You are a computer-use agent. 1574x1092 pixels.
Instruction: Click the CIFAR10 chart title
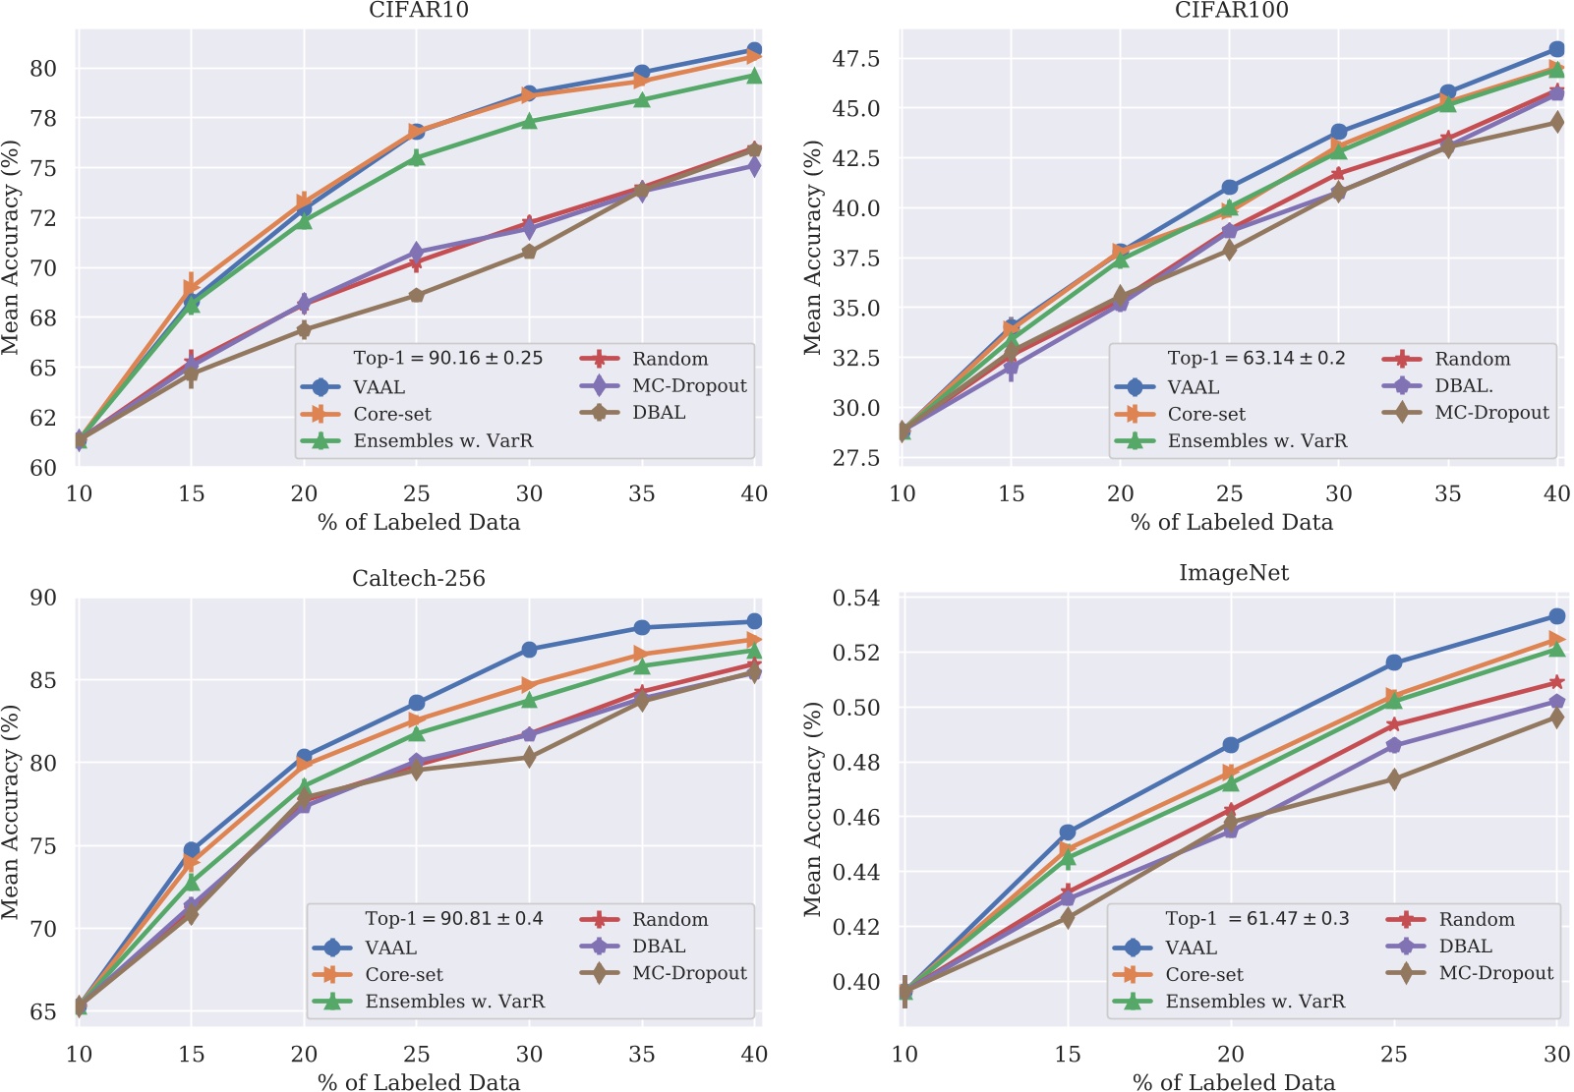point(419,11)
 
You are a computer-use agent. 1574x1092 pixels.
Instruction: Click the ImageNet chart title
point(1233,573)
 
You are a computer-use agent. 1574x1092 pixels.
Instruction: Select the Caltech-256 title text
point(419,578)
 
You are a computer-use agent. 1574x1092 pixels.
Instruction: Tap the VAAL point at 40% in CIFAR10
point(754,50)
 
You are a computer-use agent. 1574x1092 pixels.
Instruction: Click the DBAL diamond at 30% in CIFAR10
point(529,252)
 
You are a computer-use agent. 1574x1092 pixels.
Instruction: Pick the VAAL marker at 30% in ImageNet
point(1556,616)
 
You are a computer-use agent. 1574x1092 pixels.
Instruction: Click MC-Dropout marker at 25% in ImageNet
point(1393,779)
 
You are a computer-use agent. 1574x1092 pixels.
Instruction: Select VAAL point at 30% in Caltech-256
point(529,650)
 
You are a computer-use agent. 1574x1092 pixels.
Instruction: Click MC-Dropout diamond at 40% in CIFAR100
point(1556,123)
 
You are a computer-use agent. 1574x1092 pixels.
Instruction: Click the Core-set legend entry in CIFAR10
point(391,415)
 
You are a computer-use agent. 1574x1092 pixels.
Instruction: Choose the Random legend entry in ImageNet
point(1476,920)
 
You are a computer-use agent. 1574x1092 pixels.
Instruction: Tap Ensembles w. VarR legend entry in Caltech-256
point(454,1002)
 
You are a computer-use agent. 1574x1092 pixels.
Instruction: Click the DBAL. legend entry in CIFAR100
point(1463,386)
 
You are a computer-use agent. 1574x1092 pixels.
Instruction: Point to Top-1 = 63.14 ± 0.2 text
point(1255,359)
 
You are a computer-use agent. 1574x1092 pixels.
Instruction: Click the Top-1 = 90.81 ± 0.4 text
point(453,919)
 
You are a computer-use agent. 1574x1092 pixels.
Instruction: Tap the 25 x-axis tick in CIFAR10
point(417,494)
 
